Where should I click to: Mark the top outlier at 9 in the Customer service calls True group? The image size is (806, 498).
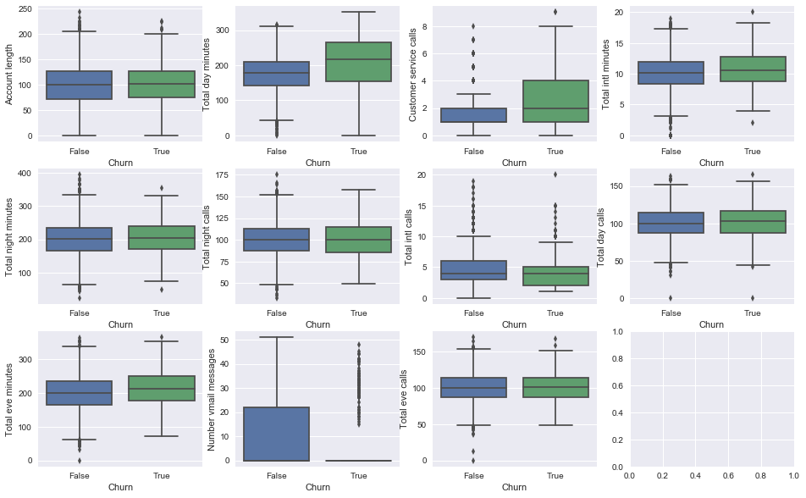[x=555, y=12]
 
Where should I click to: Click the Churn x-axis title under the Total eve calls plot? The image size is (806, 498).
[x=514, y=487]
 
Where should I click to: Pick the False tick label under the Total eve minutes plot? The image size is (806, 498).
[x=80, y=476]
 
